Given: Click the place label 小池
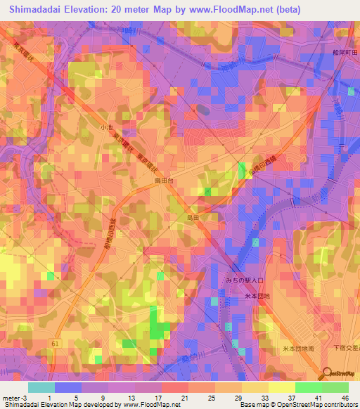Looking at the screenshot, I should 106,127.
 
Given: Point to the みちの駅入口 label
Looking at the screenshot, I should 244,280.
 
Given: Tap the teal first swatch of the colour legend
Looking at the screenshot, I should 41,387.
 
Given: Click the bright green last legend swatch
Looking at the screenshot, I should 335,387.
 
